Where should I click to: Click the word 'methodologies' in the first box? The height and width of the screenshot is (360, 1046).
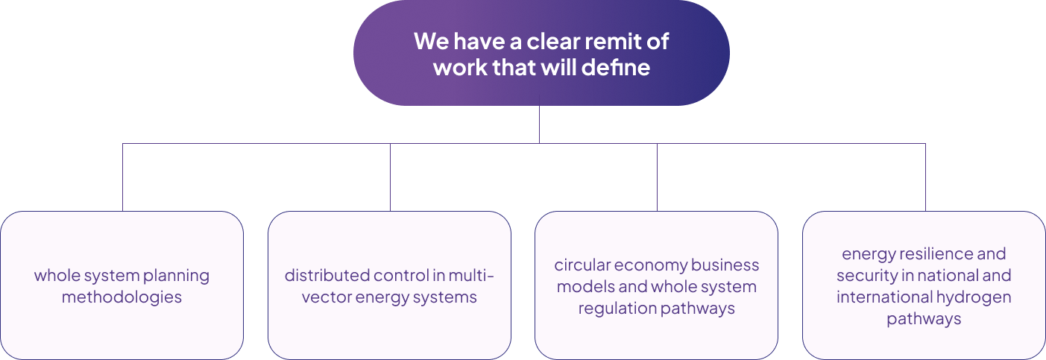[122, 297]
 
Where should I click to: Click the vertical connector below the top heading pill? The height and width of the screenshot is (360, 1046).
[540, 124]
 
